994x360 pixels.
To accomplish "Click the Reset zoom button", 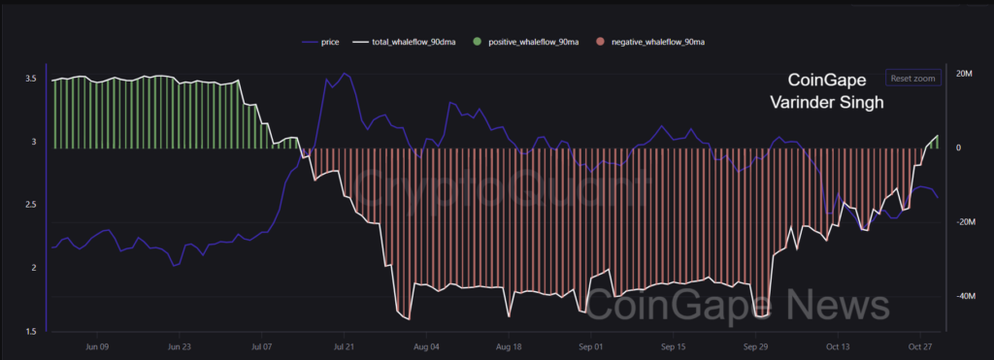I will tap(912, 78).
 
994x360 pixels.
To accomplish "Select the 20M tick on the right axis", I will tap(965, 74).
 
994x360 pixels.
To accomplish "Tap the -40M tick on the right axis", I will tap(965, 297).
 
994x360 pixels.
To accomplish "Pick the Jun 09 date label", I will tap(97, 345).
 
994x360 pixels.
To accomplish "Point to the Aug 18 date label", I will tap(510, 345).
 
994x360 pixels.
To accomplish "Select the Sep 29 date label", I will tap(755, 345).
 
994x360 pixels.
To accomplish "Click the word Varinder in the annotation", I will tap(803, 101).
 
